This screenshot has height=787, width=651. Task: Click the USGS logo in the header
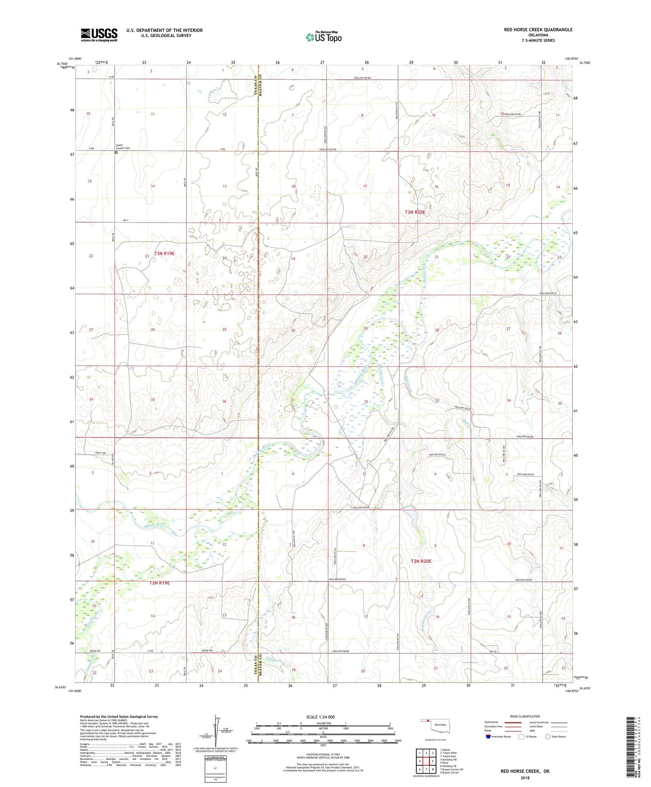point(99,35)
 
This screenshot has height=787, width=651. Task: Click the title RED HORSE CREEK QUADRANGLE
point(538,30)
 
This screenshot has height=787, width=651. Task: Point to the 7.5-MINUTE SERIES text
point(538,41)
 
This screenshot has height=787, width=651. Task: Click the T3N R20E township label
point(414,212)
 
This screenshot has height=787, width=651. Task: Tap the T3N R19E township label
point(164,254)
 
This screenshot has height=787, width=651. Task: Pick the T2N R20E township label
point(421,561)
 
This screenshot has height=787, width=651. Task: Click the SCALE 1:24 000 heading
point(320,717)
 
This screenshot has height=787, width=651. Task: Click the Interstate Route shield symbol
point(488,737)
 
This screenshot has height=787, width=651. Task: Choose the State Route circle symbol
point(547,737)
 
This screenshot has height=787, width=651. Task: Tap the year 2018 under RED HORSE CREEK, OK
point(525,778)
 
